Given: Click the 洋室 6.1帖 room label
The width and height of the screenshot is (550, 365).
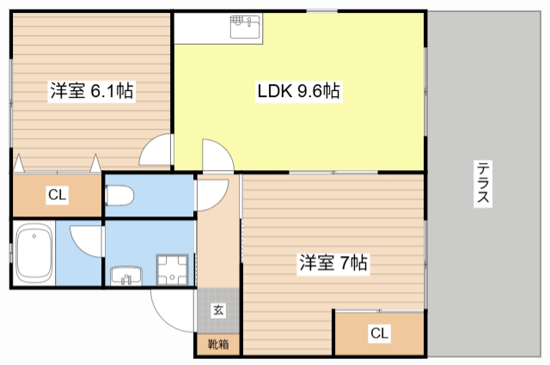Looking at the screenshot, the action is click(92, 91).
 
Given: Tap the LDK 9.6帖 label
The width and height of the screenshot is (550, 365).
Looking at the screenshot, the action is click(298, 91).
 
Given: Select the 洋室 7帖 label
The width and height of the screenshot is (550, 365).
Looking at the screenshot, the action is click(333, 263).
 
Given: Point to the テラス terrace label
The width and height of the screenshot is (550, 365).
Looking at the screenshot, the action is click(483, 183).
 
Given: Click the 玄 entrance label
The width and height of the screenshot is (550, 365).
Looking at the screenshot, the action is click(218, 310).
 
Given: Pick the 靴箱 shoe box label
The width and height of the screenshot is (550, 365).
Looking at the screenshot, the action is click(218, 344).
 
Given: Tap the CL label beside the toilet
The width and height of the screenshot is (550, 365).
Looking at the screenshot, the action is click(58, 195).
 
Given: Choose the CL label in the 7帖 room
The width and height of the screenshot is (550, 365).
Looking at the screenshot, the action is click(380, 333).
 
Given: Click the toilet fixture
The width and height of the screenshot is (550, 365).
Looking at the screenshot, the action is click(119, 195).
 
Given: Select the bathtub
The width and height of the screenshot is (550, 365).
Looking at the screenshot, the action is click(34, 253).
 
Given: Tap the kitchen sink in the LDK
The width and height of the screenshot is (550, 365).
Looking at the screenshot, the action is click(245, 27).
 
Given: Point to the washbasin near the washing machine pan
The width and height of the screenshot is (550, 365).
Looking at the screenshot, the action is click(126, 276).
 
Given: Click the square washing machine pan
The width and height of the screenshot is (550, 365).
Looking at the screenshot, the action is click(172, 270).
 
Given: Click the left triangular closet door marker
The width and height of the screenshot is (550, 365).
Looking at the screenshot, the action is click(18, 164).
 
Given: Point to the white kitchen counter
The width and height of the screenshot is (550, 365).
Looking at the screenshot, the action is click(218, 28).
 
